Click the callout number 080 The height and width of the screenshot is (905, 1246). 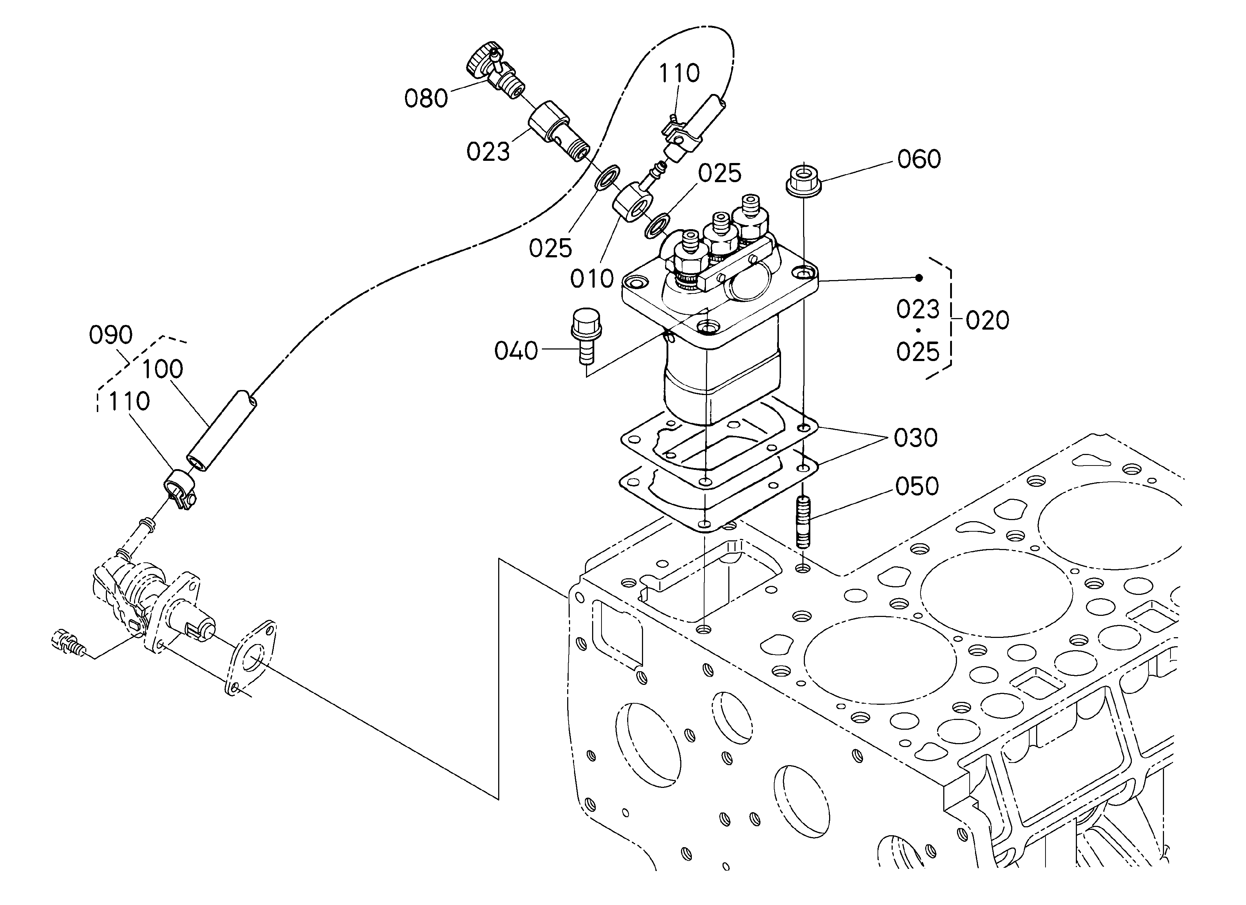[426, 99]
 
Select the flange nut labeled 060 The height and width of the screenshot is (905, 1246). [803, 179]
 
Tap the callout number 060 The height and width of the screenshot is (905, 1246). [919, 159]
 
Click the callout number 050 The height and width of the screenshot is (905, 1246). [917, 487]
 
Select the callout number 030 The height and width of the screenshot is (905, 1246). [915, 438]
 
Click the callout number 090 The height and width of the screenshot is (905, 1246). [111, 335]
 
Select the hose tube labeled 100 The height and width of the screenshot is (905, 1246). [222, 431]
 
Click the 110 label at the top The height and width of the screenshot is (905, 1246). [679, 73]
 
